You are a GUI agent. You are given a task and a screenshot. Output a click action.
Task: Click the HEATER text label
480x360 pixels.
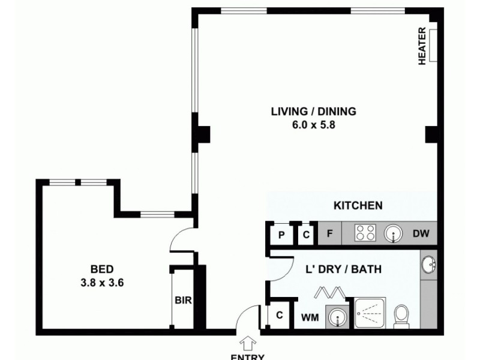tap(422, 46)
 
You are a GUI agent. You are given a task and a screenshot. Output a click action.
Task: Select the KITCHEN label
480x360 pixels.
tap(358, 206)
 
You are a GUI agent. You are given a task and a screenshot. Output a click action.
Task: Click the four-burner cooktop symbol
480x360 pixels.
tap(364, 233)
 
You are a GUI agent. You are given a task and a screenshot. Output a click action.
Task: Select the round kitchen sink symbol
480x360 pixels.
tap(393, 233)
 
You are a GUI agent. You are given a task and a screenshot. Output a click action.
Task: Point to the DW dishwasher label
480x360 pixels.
tap(420, 234)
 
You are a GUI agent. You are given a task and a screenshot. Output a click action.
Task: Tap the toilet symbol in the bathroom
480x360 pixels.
tap(401, 316)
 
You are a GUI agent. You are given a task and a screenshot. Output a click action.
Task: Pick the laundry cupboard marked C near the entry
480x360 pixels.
tap(279, 315)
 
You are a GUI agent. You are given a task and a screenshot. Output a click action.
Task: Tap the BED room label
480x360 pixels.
tap(101, 269)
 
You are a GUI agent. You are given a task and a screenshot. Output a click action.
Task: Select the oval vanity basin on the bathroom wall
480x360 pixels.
tap(429, 265)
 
